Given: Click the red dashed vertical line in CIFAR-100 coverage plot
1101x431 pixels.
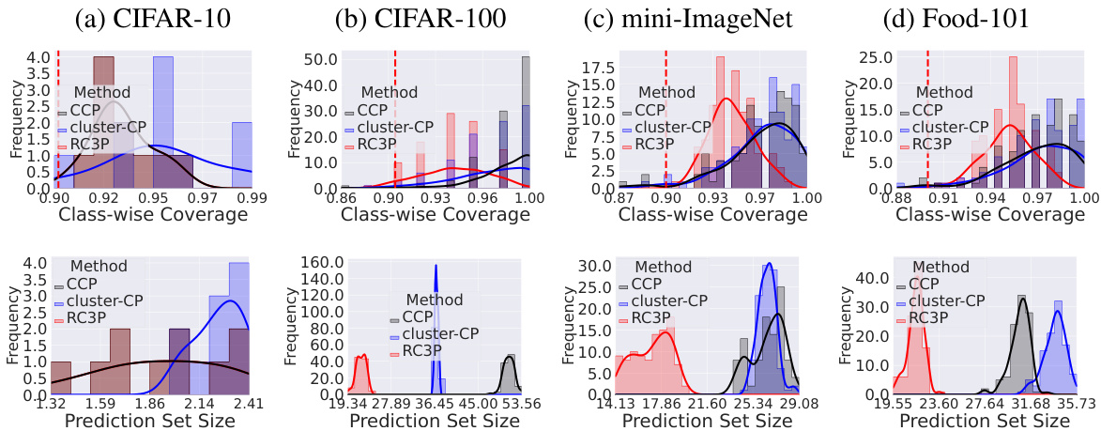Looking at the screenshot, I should click(395, 113).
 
